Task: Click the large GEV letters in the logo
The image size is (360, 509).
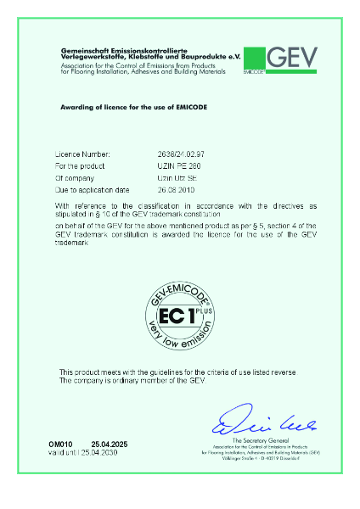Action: tap(293, 57)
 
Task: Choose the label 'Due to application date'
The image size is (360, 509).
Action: tap(90, 193)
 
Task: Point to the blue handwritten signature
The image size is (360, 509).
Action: tap(246, 419)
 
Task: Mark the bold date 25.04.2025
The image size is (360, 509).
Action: tap(108, 445)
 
